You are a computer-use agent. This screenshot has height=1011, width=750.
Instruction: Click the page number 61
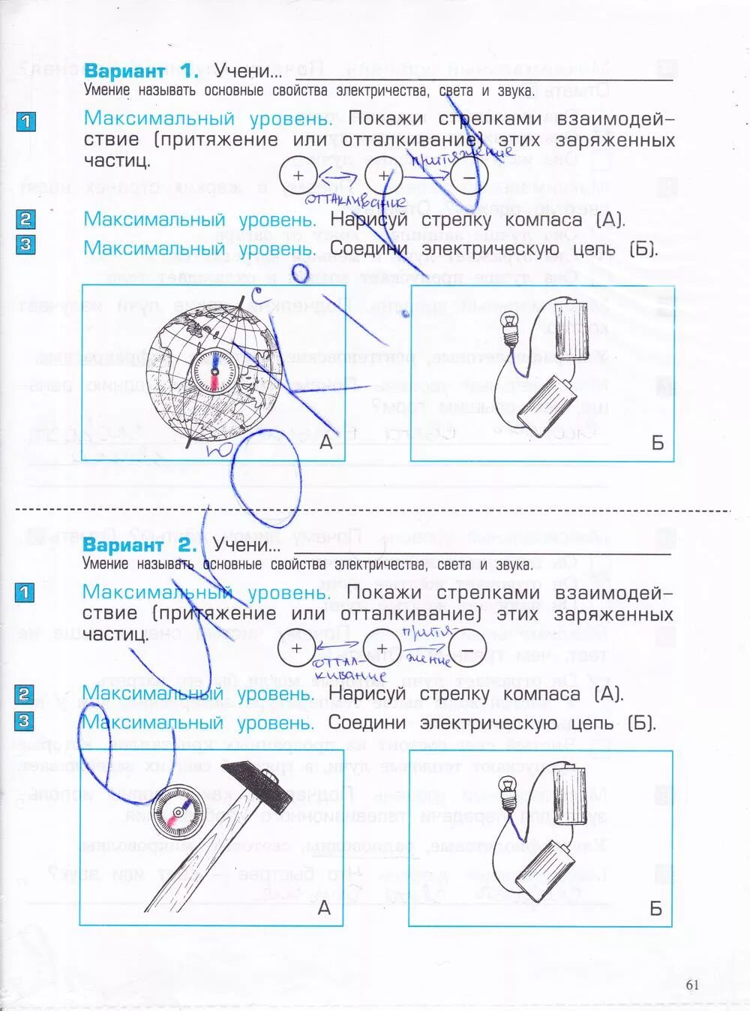[x=691, y=984]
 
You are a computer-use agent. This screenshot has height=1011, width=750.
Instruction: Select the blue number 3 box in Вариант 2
[x=25, y=721]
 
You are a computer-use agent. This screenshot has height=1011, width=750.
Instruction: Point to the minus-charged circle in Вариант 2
[x=467, y=648]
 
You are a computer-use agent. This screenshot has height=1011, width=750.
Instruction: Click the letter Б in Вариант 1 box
[x=657, y=443]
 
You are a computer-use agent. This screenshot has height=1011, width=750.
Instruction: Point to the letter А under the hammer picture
[x=324, y=908]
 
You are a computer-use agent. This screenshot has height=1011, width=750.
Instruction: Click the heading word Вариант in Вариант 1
[x=124, y=71]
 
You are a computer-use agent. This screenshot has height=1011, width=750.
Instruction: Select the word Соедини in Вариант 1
[x=368, y=248]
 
